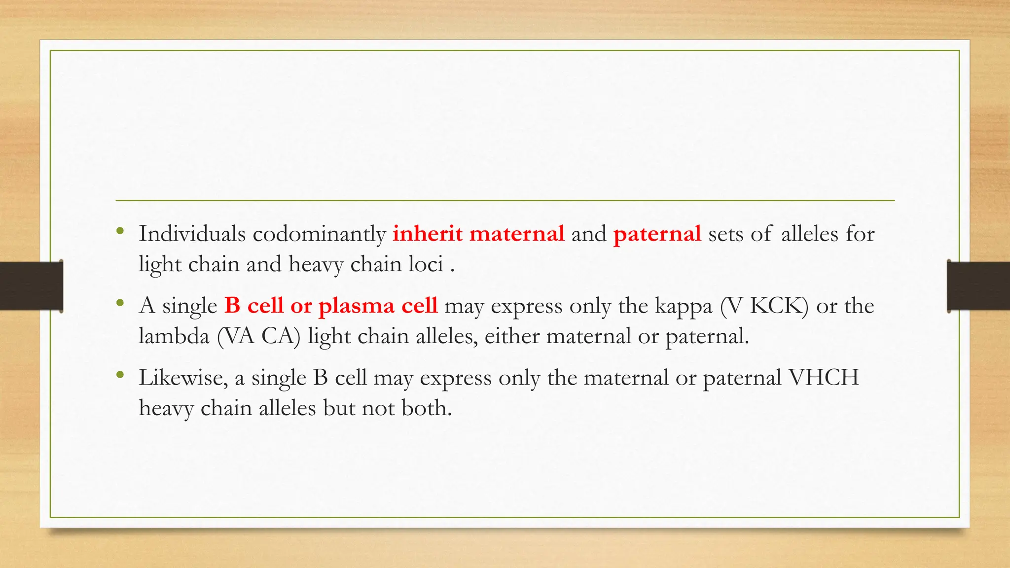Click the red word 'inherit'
pos(427,234)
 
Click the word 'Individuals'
pos(192,234)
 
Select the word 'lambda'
pos(174,336)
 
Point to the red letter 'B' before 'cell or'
pos(232,306)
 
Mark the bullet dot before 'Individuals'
pos(119,231)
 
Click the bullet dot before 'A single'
pos(119,303)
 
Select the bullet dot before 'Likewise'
pos(119,375)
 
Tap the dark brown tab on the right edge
pos(978,286)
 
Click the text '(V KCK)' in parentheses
pos(764,306)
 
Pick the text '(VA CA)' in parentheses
pos(259,337)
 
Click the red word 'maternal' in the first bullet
pos(517,234)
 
